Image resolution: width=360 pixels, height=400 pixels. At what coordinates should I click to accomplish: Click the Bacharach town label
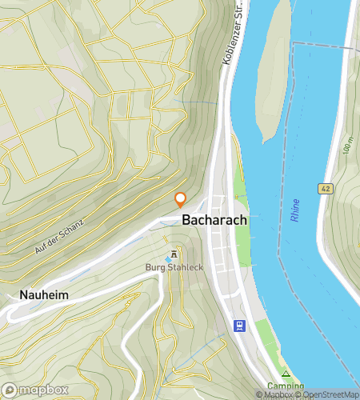coord(214,219)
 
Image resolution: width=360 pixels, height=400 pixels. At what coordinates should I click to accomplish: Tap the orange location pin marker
coord(181,199)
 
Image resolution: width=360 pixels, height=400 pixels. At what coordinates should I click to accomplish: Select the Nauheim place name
coord(39,295)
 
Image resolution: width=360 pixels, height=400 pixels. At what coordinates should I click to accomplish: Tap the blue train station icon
coord(238,325)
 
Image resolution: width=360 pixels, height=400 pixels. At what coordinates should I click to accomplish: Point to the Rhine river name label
coord(295,210)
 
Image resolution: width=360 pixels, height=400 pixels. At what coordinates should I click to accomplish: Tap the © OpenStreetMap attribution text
coord(328,394)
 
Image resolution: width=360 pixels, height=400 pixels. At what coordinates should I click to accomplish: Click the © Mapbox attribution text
coord(274,394)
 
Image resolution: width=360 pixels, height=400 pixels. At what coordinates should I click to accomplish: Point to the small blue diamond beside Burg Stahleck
coord(169,256)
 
